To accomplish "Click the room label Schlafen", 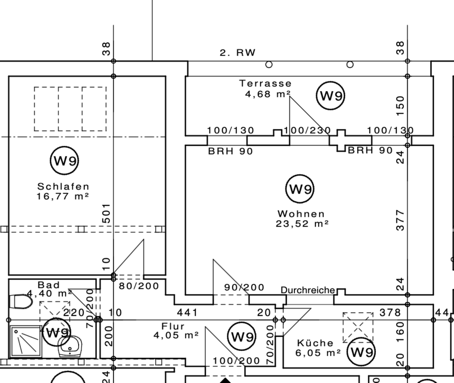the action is click(x=63, y=187).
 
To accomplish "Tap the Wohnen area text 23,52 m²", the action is click(x=302, y=224).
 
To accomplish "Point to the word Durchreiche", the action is click(x=308, y=290).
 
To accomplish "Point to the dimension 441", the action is click(x=187, y=312).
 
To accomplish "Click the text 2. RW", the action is click(x=237, y=52).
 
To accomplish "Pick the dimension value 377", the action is click(x=401, y=221).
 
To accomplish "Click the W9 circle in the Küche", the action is click(x=362, y=352).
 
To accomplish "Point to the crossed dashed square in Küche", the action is click(x=358, y=327).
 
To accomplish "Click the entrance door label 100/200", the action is click(x=236, y=361).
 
